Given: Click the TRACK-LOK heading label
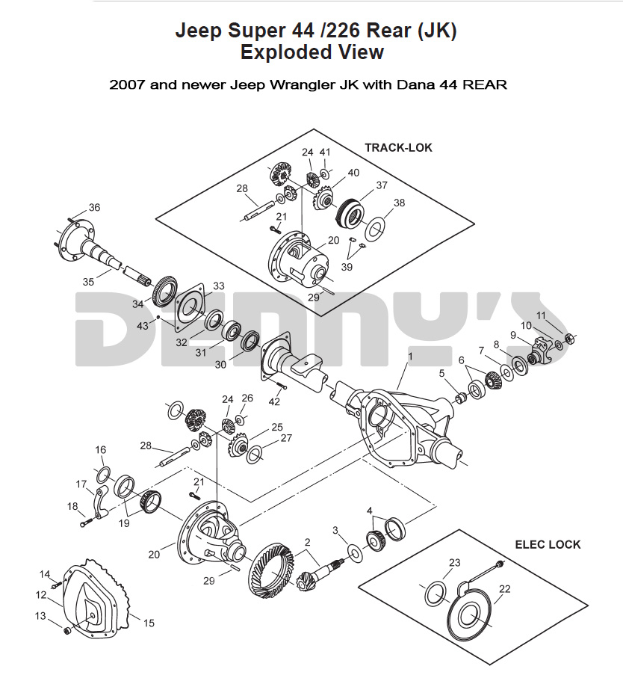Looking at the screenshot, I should click(x=397, y=147).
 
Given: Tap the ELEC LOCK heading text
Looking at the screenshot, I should click(x=548, y=544).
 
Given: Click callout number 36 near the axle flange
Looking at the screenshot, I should click(x=94, y=207).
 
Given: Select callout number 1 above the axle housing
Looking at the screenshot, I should click(x=409, y=357).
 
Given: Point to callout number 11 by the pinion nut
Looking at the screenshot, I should click(x=541, y=315).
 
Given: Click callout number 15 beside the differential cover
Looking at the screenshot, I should click(x=149, y=622).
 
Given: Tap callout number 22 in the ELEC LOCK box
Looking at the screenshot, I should click(x=505, y=589).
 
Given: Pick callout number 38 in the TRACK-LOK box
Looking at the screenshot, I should click(x=400, y=203).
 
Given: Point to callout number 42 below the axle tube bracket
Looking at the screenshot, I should click(x=275, y=401).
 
